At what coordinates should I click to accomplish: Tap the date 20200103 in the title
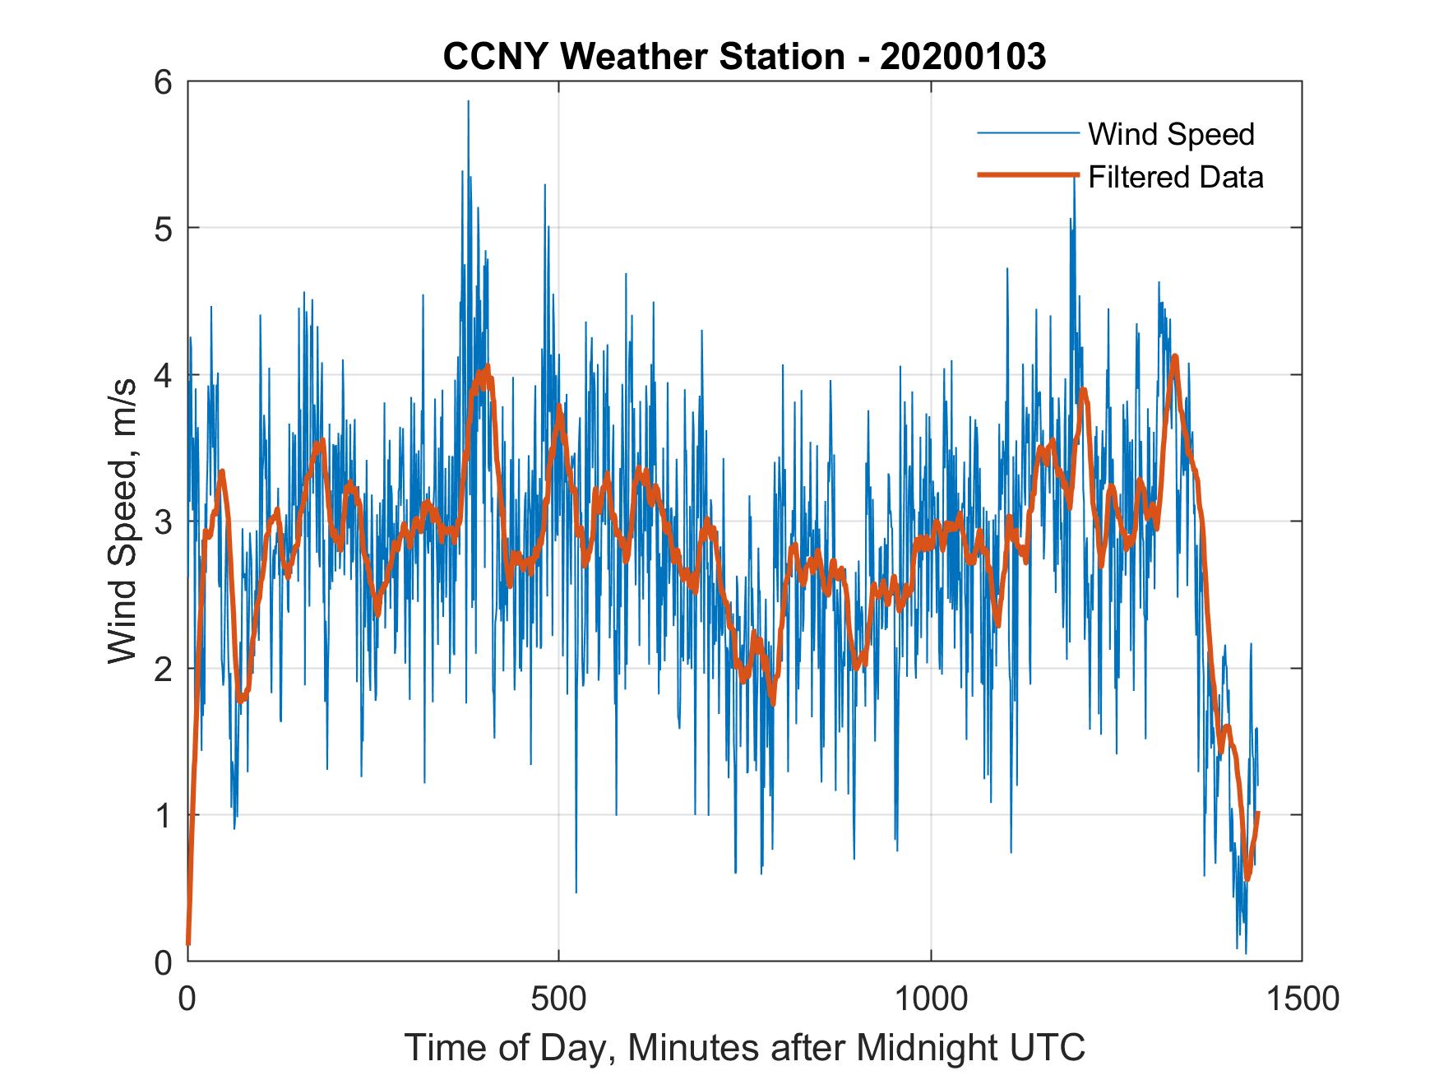[963, 57]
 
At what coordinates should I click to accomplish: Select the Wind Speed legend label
[1171, 134]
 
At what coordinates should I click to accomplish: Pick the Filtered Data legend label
[1175, 177]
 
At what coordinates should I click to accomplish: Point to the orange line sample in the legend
[1028, 175]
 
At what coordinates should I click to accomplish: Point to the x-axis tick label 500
[558, 999]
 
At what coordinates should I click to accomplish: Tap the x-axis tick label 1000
[931, 999]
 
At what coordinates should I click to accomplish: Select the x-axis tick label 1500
[1302, 999]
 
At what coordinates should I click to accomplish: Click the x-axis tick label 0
[187, 999]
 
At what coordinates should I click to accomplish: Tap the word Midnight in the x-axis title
[932, 1048]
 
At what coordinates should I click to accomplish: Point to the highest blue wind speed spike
[468, 102]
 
